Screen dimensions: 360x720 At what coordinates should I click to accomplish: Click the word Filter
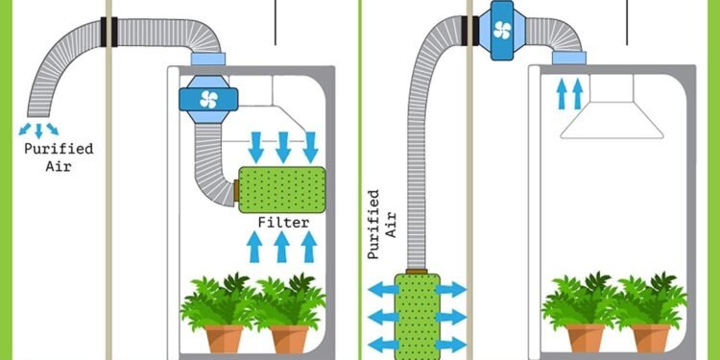283,223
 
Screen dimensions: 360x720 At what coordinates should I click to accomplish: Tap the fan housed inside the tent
208,98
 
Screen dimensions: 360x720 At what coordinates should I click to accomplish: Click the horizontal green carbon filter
281,189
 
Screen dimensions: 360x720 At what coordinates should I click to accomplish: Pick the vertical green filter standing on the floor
417,314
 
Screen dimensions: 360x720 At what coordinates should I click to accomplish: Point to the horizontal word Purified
59,149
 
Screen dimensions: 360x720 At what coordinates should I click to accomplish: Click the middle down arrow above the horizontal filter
283,147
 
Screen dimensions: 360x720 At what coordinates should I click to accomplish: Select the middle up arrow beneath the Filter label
283,247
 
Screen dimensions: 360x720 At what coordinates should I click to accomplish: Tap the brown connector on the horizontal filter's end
235,188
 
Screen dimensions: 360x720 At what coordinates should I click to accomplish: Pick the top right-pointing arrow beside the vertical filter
452,288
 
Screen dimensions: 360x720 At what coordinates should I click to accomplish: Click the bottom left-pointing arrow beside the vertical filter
381,344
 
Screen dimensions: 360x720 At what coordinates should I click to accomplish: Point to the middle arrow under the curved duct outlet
39,130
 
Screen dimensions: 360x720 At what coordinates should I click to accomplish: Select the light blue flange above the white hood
570,60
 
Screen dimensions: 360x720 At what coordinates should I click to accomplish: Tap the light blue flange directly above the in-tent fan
207,61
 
